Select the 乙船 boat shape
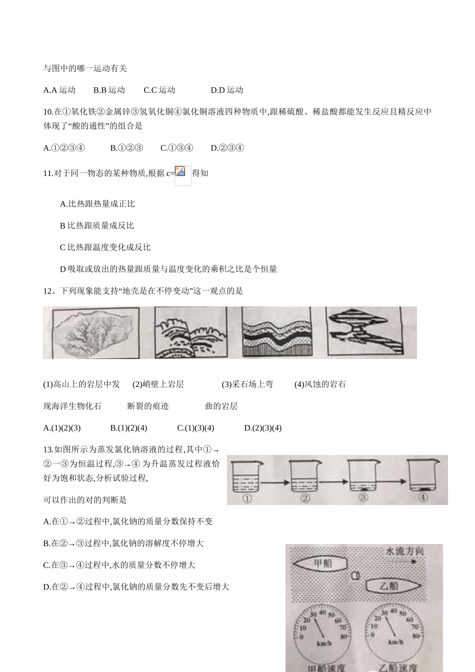coord(392,585)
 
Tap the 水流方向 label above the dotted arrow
coord(404,551)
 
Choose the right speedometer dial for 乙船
coord(392,634)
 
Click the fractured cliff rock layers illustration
coord(190,332)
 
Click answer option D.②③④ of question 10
coord(227,148)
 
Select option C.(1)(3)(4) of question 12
coord(195,428)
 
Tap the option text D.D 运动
coord(226,90)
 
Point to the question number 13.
coord(48,450)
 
